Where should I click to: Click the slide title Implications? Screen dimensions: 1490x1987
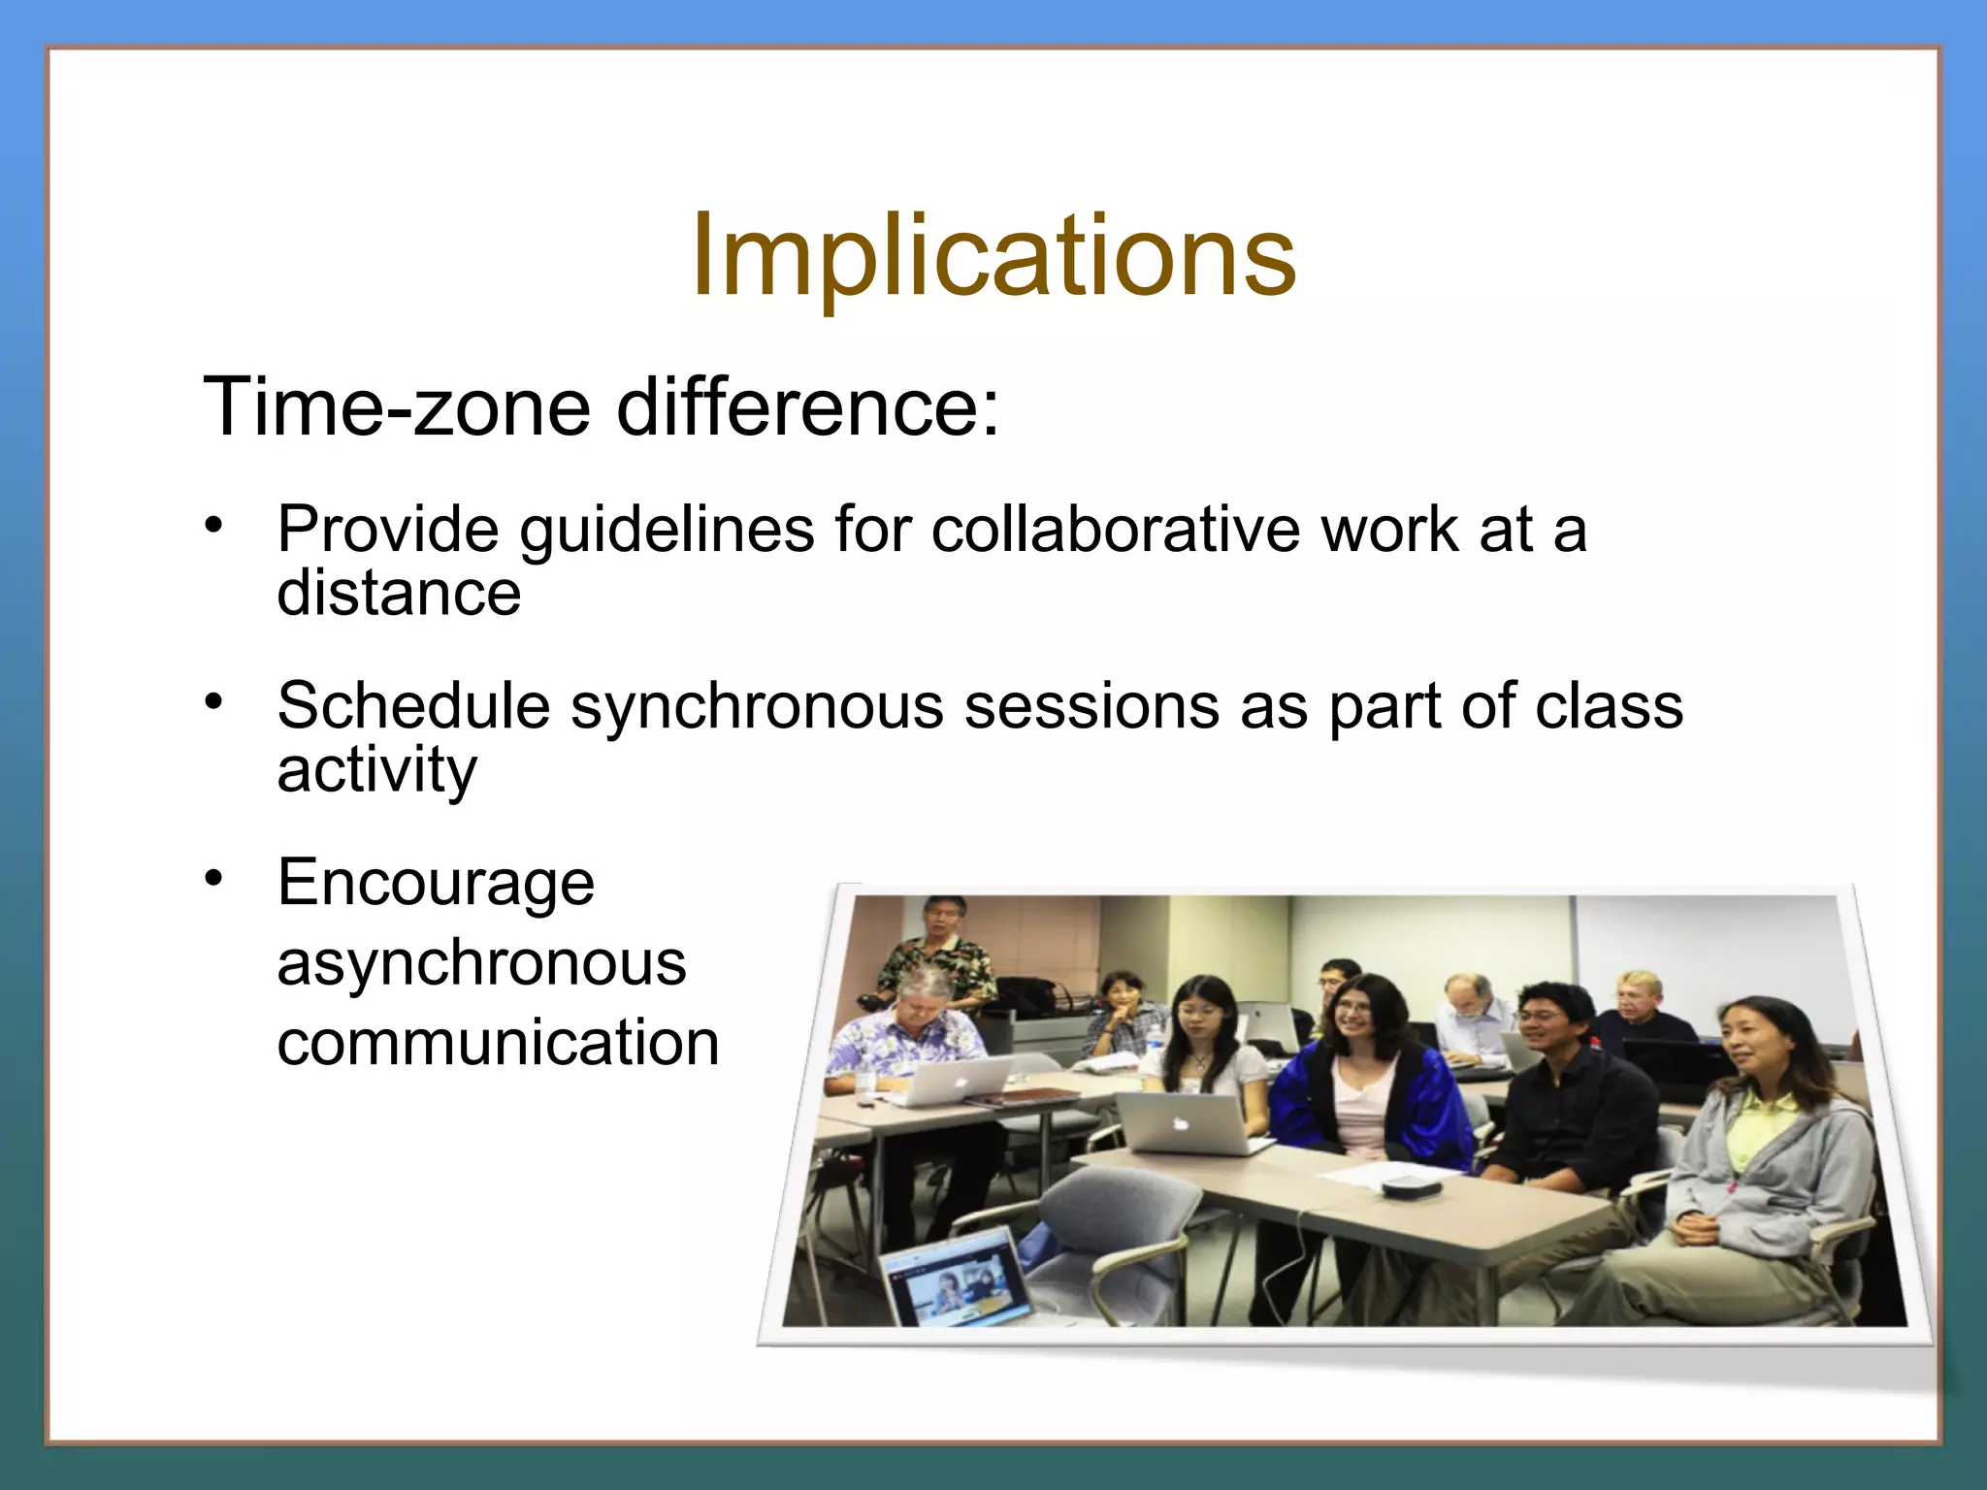[x=993, y=256]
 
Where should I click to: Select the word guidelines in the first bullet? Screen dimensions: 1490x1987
[x=667, y=532]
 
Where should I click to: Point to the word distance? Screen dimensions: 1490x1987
[x=399, y=593]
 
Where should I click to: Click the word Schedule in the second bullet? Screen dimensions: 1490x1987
[x=413, y=705]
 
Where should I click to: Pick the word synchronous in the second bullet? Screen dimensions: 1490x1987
[x=757, y=707]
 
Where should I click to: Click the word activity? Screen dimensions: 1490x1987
[x=376, y=770]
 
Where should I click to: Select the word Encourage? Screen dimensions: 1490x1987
[x=436, y=883]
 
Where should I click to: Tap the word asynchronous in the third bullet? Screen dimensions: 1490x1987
[x=481, y=963]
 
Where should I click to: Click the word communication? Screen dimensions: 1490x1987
[x=498, y=1044]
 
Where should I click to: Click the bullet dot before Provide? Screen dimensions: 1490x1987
[x=213, y=525]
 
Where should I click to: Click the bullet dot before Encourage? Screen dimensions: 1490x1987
[x=213, y=878]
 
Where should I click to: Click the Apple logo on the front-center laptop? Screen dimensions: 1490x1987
[x=1181, y=1123]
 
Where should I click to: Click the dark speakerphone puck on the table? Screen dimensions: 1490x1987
[x=1410, y=1185]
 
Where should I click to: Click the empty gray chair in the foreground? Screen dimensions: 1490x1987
[x=1125, y=1222]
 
